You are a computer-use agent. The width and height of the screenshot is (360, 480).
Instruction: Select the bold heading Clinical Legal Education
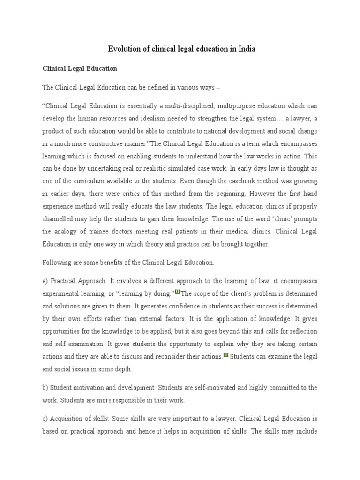pos(79,68)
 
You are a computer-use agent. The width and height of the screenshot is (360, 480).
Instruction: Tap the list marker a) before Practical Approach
pos(45,281)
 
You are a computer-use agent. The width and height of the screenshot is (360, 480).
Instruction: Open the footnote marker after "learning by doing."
pos(177,292)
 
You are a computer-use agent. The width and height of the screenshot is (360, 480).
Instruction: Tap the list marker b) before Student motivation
pos(45,388)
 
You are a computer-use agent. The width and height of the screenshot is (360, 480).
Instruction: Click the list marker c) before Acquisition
pos(45,419)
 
